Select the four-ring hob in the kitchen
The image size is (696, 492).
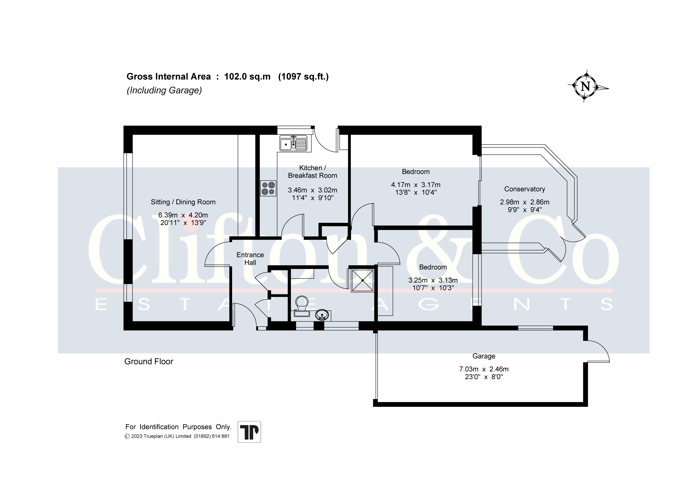(x=268, y=188)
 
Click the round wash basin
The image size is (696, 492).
(x=322, y=315)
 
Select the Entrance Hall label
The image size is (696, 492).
(x=250, y=259)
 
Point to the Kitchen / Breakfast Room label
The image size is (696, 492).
(x=313, y=172)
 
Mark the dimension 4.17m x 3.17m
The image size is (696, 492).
(x=416, y=185)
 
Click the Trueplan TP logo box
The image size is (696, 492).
(x=249, y=432)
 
